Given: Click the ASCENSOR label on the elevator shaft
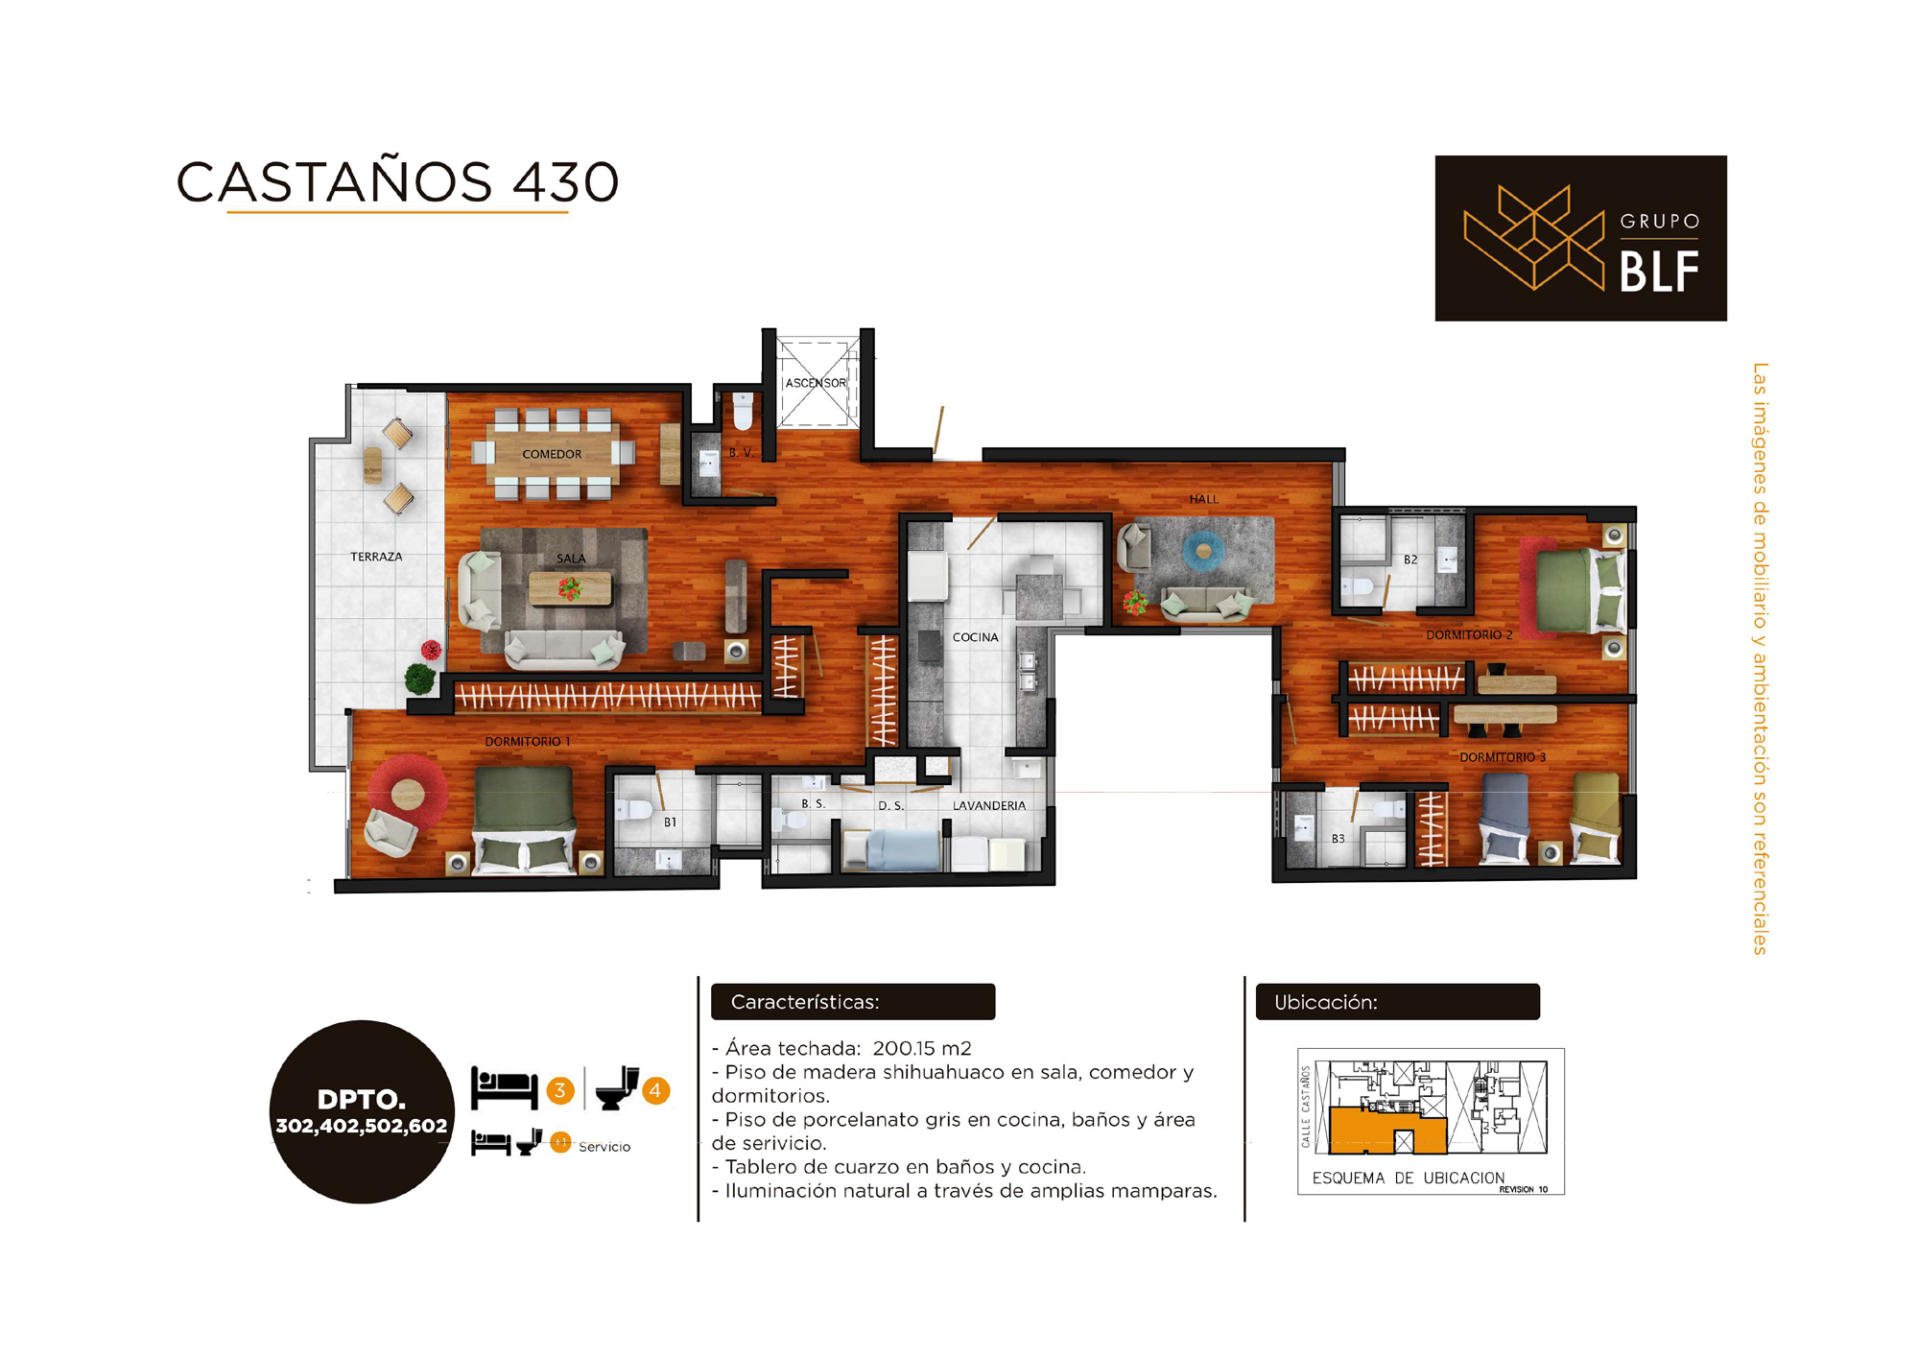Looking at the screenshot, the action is click(816, 383).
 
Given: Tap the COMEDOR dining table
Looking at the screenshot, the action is click(552, 454).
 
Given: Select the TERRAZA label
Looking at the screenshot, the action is click(376, 557).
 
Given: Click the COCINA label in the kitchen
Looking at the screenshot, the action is click(975, 637).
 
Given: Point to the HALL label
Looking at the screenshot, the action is click(1203, 499).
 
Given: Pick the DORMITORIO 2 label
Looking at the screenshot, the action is click(1469, 635).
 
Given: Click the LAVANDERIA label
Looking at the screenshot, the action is click(989, 806).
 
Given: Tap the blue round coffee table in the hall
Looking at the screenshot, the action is click(1203, 551).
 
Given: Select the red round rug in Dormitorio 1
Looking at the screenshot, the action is click(409, 793).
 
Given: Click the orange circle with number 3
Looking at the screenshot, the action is click(560, 1090).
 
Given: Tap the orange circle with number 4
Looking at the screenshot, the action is click(655, 1090).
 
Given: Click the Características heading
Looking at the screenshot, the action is click(805, 1002).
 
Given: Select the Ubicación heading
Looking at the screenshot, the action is click(1326, 1002).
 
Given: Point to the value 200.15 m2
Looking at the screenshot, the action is click(922, 1048).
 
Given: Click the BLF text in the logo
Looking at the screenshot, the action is click(1660, 272).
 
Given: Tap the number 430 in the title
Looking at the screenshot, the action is click(566, 181).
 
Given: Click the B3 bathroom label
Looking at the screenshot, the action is click(1338, 839).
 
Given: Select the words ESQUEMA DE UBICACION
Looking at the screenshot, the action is click(1408, 1178).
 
